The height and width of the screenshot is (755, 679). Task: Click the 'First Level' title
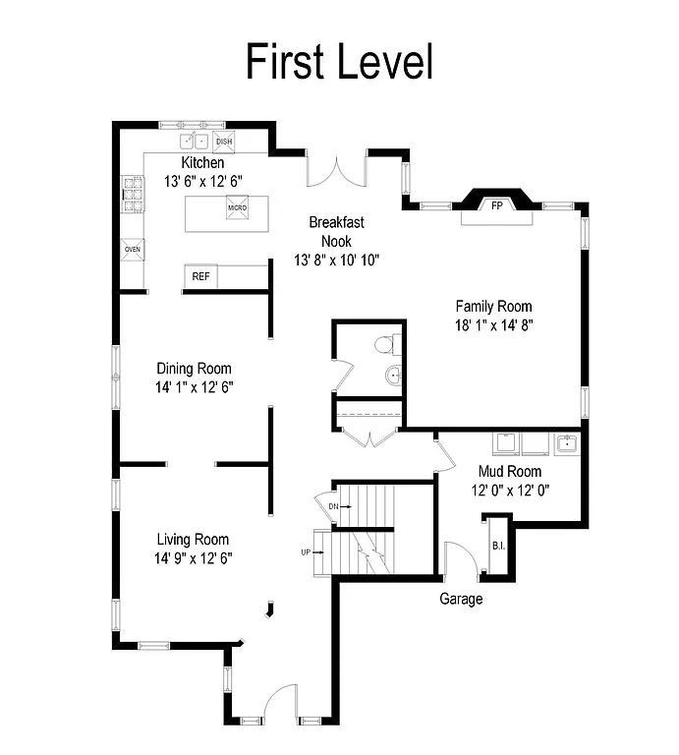pyautogui.click(x=338, y=61)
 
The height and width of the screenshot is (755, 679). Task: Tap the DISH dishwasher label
pyautogui.click(x=224, y=141)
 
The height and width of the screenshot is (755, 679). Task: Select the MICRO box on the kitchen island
pyautogui.click(x=237, y=208)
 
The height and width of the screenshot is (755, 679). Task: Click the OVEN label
pyautogui.click(x=132, y=250)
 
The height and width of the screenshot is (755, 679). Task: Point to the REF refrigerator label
pyautogui.click(x=200, y=277)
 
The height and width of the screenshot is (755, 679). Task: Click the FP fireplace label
pyautogui.click(x=497, y=205)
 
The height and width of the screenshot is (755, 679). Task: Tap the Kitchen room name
pyautogui.click(x=202, y=163)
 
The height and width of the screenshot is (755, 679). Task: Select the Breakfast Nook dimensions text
pyautogui.click(x=337, y=260)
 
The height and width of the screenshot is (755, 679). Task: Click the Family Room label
pyautogui.click(x=493, y=306)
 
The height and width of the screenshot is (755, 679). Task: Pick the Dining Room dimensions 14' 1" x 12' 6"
pyautogui.click(x=194, y=386)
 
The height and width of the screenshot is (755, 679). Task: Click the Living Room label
pyautogui.click(x=194, y=539)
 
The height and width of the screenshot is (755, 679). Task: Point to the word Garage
pyautogui.click(x=460, y=599)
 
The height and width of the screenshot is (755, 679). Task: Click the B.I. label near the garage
pyautogui.click(x=496, y=546)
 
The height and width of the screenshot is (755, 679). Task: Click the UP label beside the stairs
pyautogui.click(x=306, y=552)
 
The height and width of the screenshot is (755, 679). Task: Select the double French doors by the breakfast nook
pyautogui.click(x=337, y=171)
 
